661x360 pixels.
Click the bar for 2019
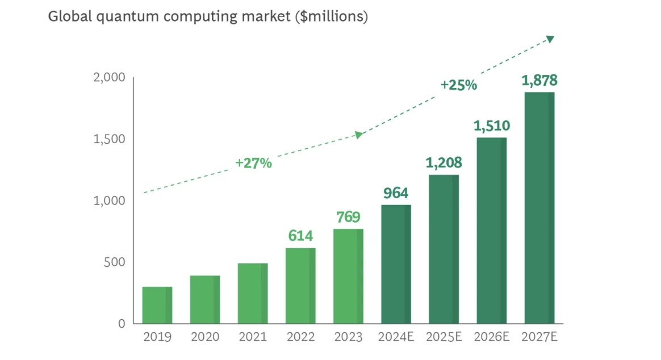[157, 305]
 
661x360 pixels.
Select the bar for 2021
[253, 293]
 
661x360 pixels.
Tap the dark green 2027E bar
[539, 207]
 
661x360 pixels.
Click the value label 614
[300, 236]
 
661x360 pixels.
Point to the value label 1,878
[539, 81]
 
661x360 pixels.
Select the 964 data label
[396, 192]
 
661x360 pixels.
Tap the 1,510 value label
[491, 125]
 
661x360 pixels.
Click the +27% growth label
[253, 163]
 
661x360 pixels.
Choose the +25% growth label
[458, 85]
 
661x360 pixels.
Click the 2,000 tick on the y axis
[109, 77]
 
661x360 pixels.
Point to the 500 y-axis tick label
[114, 262]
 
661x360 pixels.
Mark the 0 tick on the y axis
[122, 324]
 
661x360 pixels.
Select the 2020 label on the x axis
[205, 337]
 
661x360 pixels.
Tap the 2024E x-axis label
[396, 337]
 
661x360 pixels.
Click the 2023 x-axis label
[348, 337]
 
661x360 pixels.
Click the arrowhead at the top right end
[549, 39]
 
